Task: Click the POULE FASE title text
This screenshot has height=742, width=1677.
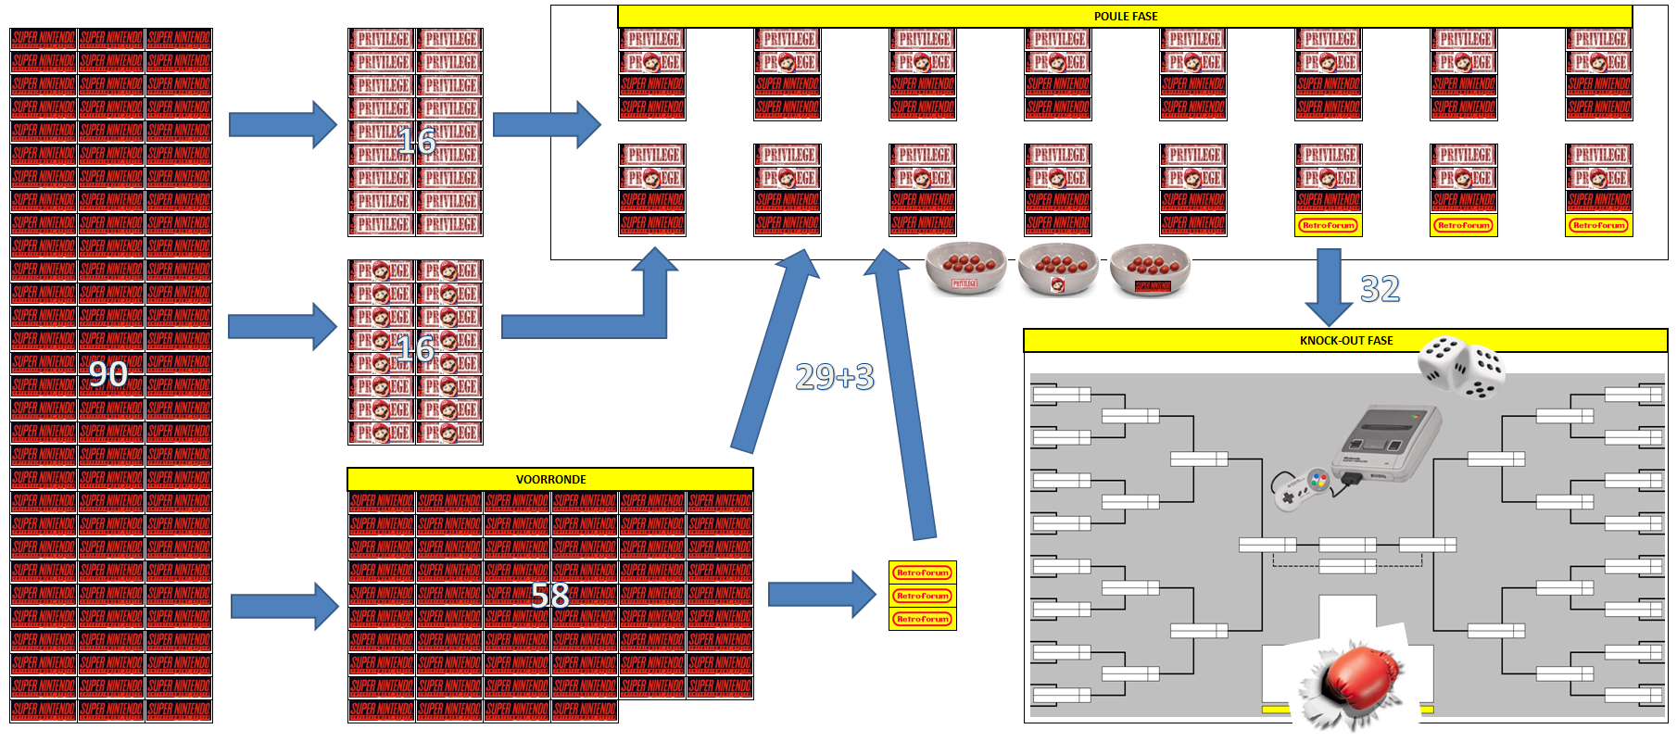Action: click(x=1125, y=17)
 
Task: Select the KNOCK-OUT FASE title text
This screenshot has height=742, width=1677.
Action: click(x=1345, y=341)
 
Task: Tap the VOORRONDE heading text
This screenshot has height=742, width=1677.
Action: click(x=550, y=480)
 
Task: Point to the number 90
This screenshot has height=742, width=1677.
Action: click(x=108, y=374)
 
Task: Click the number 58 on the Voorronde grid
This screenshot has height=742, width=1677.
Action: click(x=550, y=596)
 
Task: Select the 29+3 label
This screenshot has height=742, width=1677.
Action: click(x=835, y=377)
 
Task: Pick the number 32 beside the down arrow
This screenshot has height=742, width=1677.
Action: click(x=1380, y=289)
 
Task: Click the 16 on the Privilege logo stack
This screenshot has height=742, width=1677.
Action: click(x=416, y=142)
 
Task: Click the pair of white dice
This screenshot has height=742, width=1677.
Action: click(x=1461, y=367)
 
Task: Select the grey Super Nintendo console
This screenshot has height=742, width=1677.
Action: click(x=1385, y=442)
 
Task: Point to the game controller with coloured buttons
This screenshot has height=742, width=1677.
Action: click(x=1302, y=487)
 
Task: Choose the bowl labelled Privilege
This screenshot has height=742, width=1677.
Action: click(x=965, y=269)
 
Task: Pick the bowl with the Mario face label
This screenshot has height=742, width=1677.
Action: click(x=1057, y=269)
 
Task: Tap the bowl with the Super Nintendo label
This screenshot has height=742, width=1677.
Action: click(x=1150, y=269)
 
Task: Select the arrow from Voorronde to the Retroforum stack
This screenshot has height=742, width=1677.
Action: click(x=821, y=594)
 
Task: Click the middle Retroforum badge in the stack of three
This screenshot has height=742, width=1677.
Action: click(x=922, y=596)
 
